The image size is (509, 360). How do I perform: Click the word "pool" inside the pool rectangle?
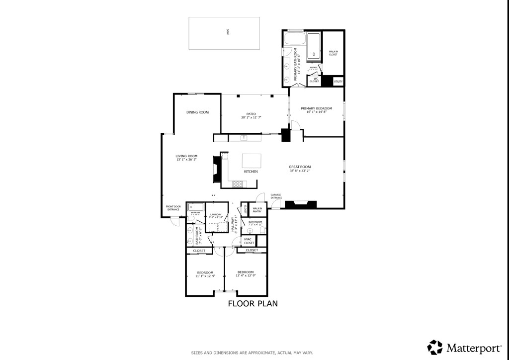pyautogui.click(x=227, y=32)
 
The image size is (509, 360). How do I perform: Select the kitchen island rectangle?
pyautogui.click(x=252, y=161)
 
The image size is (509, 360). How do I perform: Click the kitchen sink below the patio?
pyautogui.click(x=244, y=138)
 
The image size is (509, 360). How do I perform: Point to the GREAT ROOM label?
pyautogui.click(x=300, y=167)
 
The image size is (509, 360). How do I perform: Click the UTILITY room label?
pyautogui.click(x=338, y=81)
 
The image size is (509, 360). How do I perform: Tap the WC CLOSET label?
pyautogui.click(x=314, y=80)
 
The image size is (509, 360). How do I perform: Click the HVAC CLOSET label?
pyautogui.click(x=249, y=241)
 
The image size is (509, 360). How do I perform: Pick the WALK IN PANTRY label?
pyautogui.click(x=257, y=210)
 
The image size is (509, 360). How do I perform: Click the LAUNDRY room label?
pyautogui.click(x=216, y=215)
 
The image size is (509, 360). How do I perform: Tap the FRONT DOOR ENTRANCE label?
pyautogui.click(x=173, y=208)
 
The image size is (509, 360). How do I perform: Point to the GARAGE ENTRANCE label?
pyautogui.click(x=276, y=196)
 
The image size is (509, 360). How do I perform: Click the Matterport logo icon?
pyautogui.click(x=435, y=347)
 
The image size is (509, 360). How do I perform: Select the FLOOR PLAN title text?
pyautogui.click(x=253, y=303)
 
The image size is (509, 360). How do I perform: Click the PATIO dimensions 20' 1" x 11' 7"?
pyautogui.click(x=251, y=117)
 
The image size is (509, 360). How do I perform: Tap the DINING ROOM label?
pyautogui.click(x=197, y=112)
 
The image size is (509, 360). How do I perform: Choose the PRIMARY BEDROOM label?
pyautogui.click(x=316, y=108)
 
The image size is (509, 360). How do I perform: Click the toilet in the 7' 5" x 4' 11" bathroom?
pyautogui.click(x=262, y=230)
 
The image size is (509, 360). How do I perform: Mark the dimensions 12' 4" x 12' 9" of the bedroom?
pyautogui.click(x=246, y=276)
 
